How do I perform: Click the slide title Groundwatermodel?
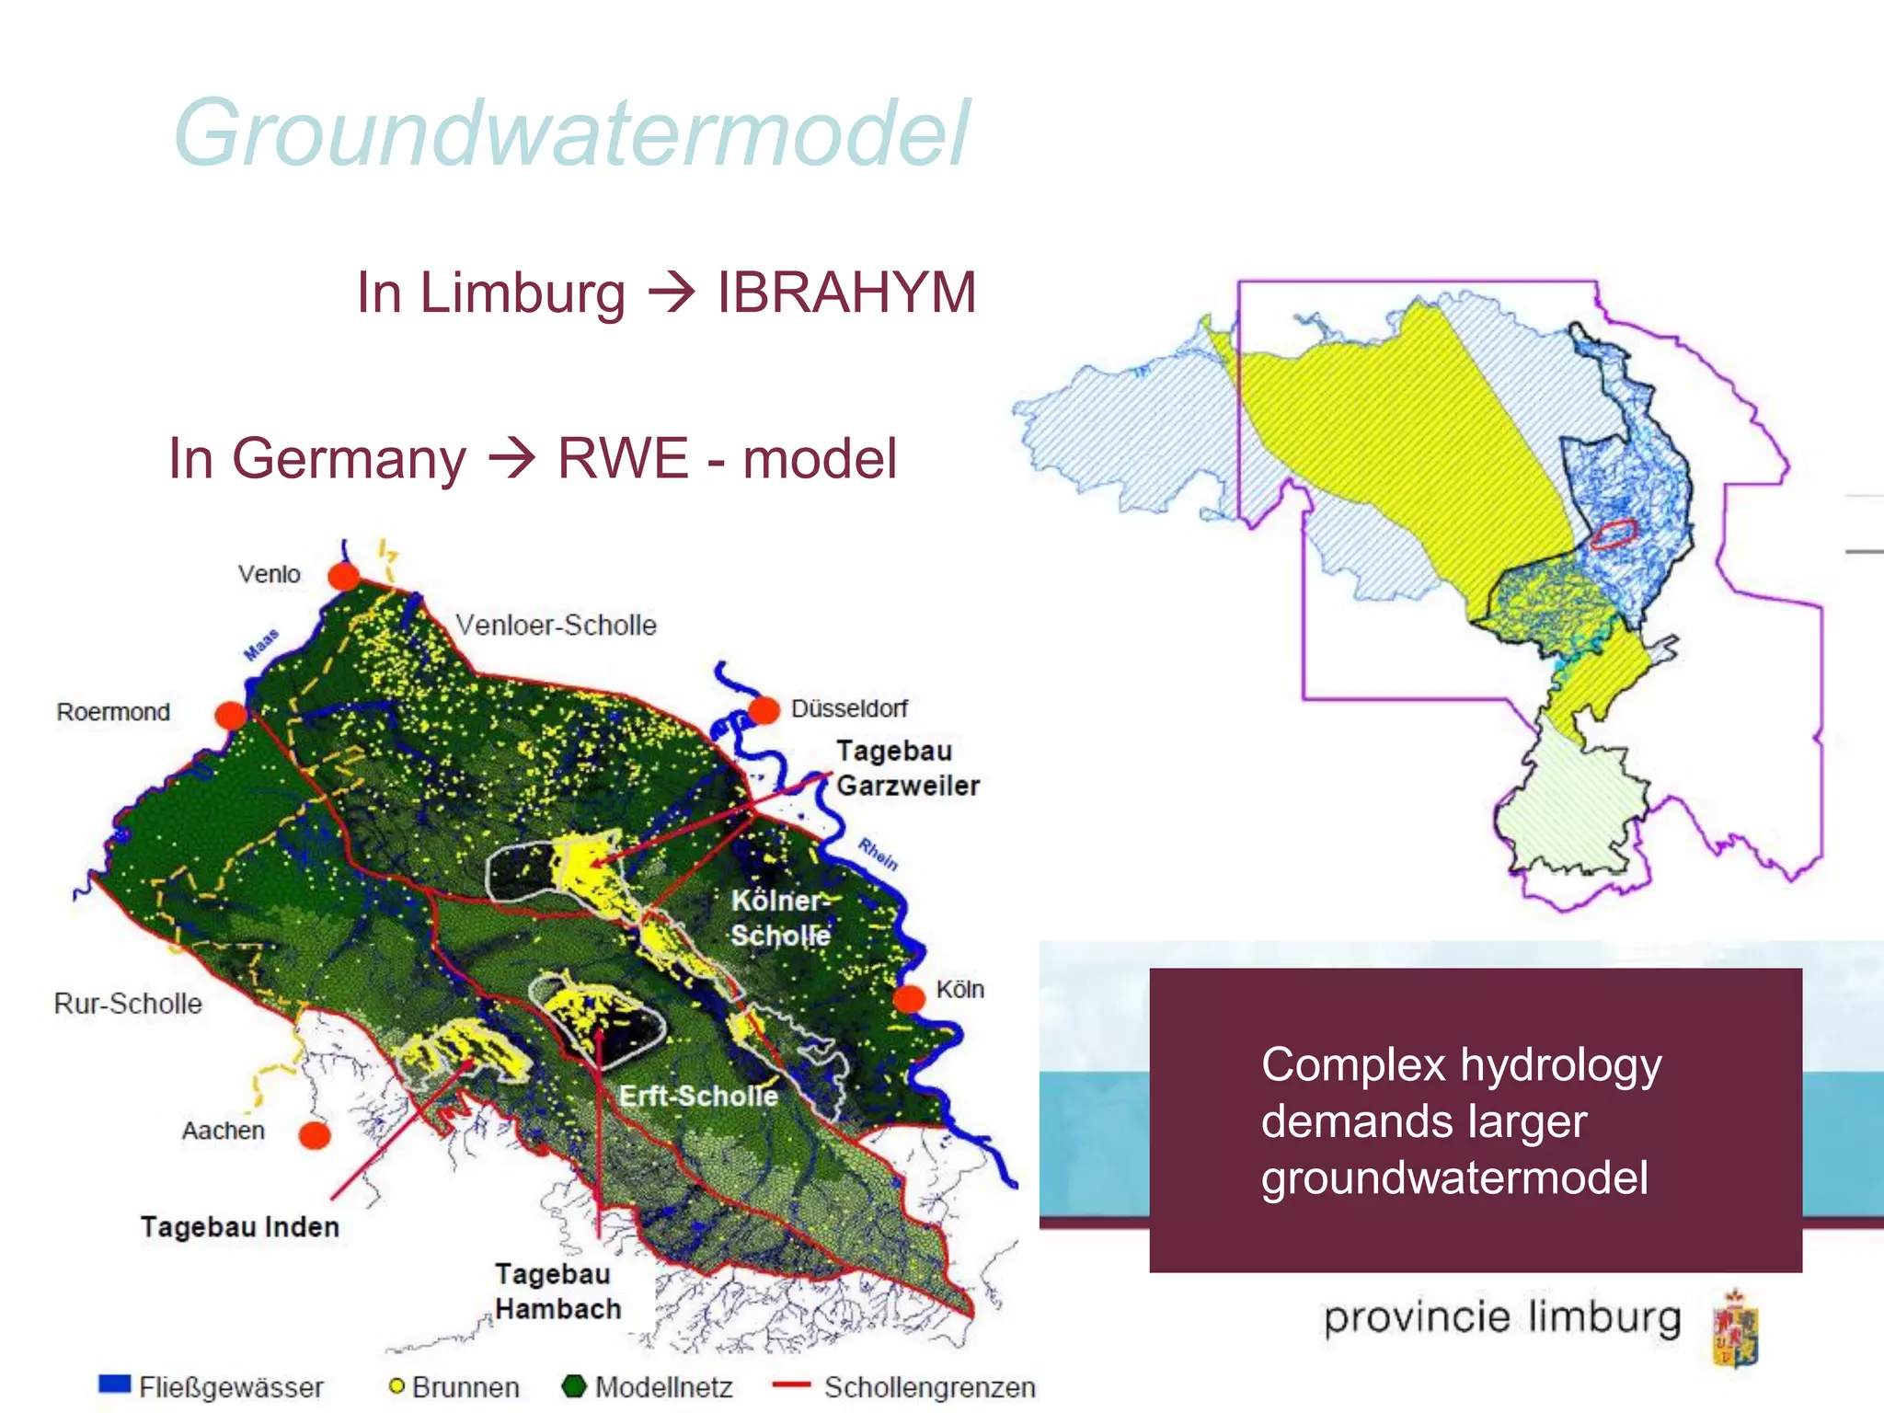[x=571, y=133]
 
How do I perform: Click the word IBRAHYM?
[x=845, y=293]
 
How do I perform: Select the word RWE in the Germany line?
[x=623, y=458]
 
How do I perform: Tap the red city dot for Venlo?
[x=344, y=577]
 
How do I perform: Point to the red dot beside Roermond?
[x=230, y=715]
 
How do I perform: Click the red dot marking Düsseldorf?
[x=763, y=710]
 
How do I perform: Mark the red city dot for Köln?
[x=909, y=998]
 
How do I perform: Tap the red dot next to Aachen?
[x=315, y=1135]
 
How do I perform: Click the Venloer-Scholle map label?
[x=556, y=626]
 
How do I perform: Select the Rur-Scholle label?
[x=128, y=1003]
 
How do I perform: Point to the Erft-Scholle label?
[x=698, y=1096]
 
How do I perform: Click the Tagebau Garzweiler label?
[x=907, y=768]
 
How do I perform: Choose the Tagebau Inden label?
[x=239, y=1226]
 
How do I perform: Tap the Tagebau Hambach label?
[x=557, y=1291]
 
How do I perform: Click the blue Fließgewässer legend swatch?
[x=115, y=1384]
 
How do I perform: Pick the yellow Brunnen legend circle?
[x=396, y=1385]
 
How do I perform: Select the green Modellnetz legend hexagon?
[x=574, y=1385]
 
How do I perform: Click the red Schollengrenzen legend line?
[x=791, y=1384]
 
